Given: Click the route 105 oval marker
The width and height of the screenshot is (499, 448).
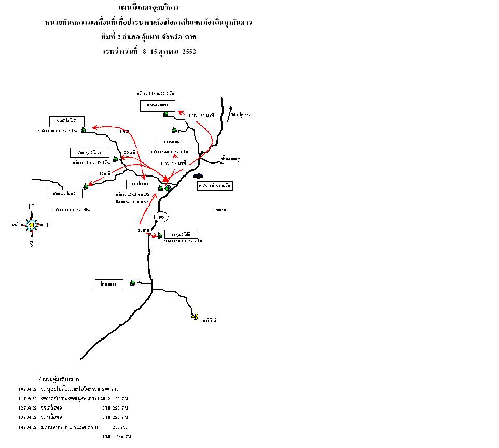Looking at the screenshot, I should pyautogui.click(x=161, y=216).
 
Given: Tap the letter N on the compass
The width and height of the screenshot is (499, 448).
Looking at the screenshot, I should pyautogui.click(x=31, y=207).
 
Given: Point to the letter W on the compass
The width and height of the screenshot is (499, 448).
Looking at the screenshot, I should pyautogui.click(x=15, y=224).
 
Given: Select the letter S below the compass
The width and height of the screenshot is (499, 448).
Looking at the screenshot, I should pyautogui.click(x=31, y=244).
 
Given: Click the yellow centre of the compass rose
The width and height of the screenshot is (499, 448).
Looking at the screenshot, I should pyautogui.click(x=31, y=225).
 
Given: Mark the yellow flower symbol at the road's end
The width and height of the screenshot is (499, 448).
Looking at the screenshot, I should pyautogui.click(x=195, y=316).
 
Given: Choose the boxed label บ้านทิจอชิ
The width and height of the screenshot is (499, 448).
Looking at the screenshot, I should pyautogui.click(x=109, y=284).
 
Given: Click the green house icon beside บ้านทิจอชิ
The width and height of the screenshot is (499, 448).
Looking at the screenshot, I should pyautogui.click(x=132, y=282).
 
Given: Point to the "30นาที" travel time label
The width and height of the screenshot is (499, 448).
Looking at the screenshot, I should pyautogui.click(x=104, y=173).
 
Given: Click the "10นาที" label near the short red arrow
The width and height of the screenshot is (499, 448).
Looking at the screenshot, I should pyautogui.click(x=144, y=229).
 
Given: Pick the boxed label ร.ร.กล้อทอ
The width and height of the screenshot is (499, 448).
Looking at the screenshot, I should pyautogui.click(x=140, y=184).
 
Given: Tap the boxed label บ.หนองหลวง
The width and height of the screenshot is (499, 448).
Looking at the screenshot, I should pyautogui.click(x=157, y=105).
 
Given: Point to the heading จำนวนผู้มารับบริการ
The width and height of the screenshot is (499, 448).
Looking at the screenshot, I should pyautogui.click(x=59, y=379).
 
